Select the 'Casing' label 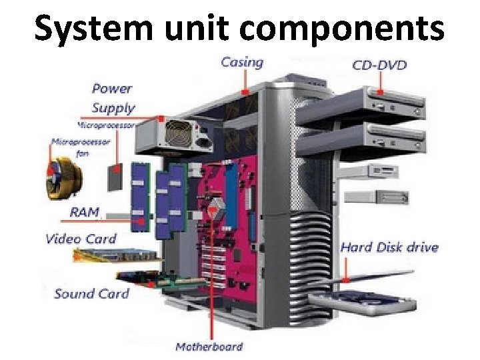point(242,63)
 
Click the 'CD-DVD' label point(379,65)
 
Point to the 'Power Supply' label point(113,98)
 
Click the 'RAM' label point(85,213)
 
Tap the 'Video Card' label point(81,239)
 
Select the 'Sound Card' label point(91,293)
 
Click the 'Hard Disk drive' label point(389,247)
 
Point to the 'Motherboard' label point(209,347)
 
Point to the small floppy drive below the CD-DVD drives point(387,197)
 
